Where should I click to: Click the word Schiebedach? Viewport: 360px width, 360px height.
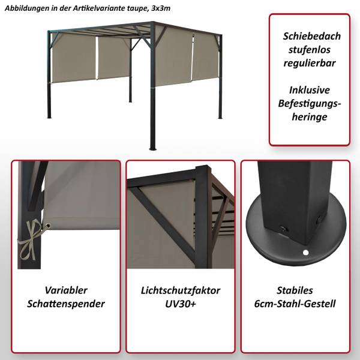pyautogui.click(x=311, y=36)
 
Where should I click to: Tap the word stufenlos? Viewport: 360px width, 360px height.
pyautogui.click(x=309, y=50)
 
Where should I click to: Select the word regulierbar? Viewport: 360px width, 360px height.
pyautogui.click(x=310, y=64)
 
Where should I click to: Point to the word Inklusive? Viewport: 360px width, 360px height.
pyautogui.click(x=309, y=90)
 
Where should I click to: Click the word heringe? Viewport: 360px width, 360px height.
pyautogui.click(x=310, y=117)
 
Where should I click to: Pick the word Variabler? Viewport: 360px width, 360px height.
pyautogui.click(x=66, y=290)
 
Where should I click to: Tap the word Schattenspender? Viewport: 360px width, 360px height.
pyautogui.click(x=66, y=304)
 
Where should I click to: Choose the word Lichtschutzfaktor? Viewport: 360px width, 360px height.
pyautogui.click(x=181, y=290)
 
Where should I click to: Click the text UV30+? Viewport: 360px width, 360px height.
pyautogui.click(x=181, y=304)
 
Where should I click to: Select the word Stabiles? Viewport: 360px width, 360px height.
pyautogui.click(x=295, y=290)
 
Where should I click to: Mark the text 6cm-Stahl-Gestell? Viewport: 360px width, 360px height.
pyautogui.click(x=295, y=304)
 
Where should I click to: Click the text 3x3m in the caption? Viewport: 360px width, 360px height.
pyautogui.click(x=161, y=8)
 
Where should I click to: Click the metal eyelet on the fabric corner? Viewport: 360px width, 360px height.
pyautogui.click(x=47, y=226)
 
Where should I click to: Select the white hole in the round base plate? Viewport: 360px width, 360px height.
pyautogui.click(x=305, y=253)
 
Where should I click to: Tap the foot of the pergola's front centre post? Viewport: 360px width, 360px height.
pyautogui.click(x=152, y=149)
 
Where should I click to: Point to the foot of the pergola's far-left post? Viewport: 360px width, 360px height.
pyautogui.click(x=49, y=117)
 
